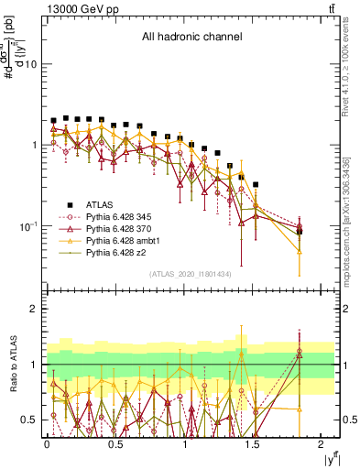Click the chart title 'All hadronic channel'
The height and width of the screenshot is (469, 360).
click(x=191, y=38)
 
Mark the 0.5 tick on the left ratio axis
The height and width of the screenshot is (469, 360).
click(x=28, y=420)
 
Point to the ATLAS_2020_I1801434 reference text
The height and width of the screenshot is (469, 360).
click(x=191, y=274)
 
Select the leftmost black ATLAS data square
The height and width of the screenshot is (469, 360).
click(x=54, y=121)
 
